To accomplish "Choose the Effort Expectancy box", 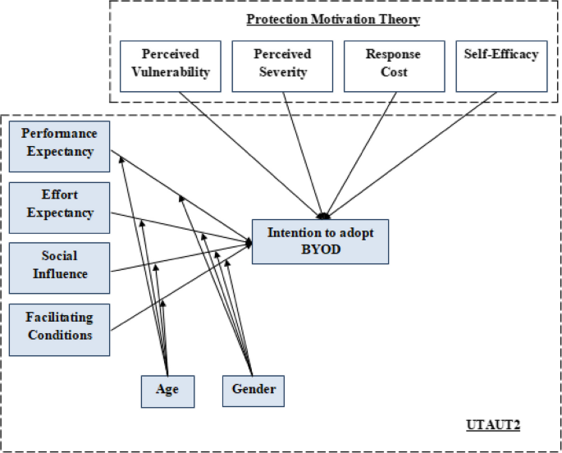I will click(59, 204).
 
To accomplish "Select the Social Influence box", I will click(59, 267).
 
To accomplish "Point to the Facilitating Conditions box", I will click(59, 327).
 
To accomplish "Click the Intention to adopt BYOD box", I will click(320, 241).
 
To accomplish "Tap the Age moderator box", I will click(167, 389).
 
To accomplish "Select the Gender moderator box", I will click(253, 389).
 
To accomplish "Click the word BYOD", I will click(320, 249).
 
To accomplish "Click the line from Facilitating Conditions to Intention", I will click(180, 287).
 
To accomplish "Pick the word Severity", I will click(282, 71).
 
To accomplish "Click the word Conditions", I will click(59, 335).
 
